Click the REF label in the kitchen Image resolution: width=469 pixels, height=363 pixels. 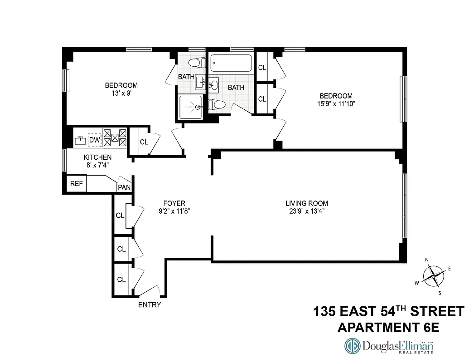point(76,184)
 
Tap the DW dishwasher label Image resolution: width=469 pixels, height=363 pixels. point(94,140)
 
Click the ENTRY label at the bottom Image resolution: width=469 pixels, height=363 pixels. point(150,305)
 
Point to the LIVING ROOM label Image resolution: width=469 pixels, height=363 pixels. point(307,203)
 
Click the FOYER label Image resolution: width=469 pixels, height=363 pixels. point(174,203)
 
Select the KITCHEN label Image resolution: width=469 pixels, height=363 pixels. point(97,157)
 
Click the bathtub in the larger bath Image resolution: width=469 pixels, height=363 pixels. point(230,63)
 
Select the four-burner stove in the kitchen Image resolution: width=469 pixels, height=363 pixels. point(115,138)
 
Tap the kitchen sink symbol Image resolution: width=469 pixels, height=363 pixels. point(81,140)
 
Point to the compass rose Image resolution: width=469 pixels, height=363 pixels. point(434,276)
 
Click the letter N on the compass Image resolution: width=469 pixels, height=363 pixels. point(427,260)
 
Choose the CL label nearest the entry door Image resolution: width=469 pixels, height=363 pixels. point(121,280)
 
